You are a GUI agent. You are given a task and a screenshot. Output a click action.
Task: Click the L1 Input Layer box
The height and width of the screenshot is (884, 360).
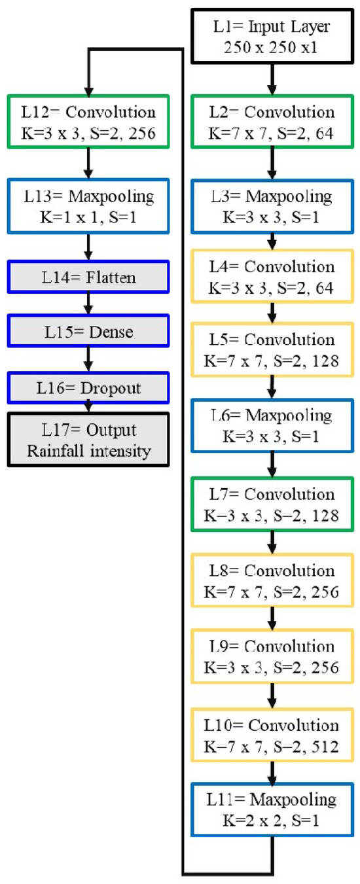point(272,37)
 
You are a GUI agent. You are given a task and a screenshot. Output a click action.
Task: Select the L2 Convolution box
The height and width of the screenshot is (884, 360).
point(272,123)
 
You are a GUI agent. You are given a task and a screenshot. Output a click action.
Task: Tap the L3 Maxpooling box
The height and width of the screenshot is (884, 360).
point(272,205)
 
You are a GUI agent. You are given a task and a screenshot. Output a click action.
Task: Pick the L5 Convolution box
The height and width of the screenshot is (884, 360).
point(272,350)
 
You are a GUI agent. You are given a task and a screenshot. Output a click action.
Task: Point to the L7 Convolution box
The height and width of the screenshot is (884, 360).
point(272,504)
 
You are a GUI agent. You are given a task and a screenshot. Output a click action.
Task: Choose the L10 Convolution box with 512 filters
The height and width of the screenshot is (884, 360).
point(272,735)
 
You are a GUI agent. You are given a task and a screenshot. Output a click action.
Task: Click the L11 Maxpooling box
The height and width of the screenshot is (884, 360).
point(272,810)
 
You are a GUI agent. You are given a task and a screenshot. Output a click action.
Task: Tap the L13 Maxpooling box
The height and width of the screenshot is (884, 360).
point(88,205)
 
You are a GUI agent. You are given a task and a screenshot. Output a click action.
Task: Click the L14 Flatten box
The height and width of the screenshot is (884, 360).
point(88,278)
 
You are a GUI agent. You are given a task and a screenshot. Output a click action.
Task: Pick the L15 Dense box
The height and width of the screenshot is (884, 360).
point(88,332)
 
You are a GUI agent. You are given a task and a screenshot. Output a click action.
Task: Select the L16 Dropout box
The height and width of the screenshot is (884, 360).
point(88,389)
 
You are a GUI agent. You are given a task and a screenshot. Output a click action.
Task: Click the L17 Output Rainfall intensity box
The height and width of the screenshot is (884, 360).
point(88,440)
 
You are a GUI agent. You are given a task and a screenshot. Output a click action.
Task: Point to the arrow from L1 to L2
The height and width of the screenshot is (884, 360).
point(272,79)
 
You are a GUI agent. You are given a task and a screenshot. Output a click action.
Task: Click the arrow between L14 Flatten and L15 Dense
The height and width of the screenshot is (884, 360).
point(88,305)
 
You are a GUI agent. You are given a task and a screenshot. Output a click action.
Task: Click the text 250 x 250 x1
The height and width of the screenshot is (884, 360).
point(272,46)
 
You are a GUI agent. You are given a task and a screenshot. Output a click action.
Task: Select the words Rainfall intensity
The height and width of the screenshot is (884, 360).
point(88,450)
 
